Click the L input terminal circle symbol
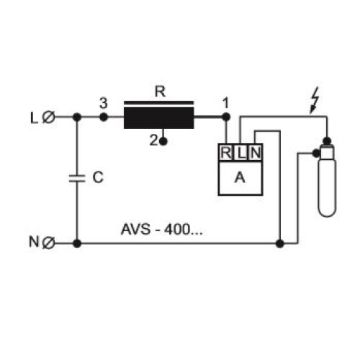[x=49, y=117]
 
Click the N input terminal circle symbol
[x=48, y=243]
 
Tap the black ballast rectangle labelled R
[x=159, y=118]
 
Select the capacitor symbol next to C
[x=77, y=179]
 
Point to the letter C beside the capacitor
[x=98, y=178]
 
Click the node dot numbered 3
[x=104, y=117]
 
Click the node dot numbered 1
[x=226, y=117]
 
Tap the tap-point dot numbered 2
[x=163, y=142]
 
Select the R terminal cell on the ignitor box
[x=226, y=153]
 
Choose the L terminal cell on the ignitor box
[x=240, y=153]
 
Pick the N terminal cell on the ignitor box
[x=255, y=153]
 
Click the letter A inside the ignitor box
[x=240, y=178]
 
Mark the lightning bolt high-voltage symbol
[x=315, y=100]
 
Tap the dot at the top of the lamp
[x=327, y=141]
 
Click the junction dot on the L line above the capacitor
[x=77, y=117]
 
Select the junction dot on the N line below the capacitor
[x=77, y=243]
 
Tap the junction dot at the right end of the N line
[x=280, y=243]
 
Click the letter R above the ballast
[x=160, y=91]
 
